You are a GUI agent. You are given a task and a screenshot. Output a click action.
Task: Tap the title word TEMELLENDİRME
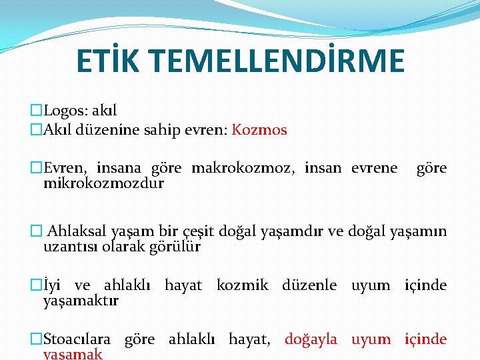(x=281, y=61)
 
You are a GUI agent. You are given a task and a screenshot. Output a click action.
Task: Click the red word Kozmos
(x=259, y=129)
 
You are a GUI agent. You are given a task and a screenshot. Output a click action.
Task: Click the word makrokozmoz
(x=243, y=167)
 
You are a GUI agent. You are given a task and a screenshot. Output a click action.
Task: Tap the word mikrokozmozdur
(x=103, y=183)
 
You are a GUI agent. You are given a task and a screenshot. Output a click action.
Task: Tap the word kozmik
(x=242, y=285)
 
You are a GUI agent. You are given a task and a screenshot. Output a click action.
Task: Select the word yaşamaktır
(x=81, y=301)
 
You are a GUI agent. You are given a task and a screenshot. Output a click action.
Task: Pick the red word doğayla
(x=311, y=339)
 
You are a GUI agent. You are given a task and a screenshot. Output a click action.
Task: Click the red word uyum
(x=371, y=339)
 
